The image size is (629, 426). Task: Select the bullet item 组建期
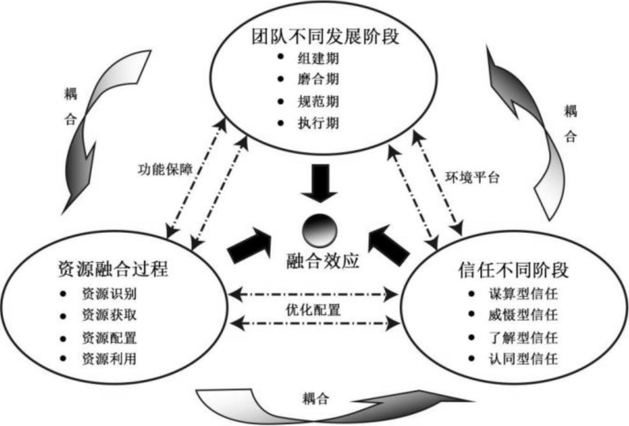point(318,58)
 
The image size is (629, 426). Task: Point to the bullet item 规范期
point(318,102)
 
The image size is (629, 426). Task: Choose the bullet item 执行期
point(318,123)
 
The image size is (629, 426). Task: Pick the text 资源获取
point(109,315)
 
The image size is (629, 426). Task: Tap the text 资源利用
point(109,359)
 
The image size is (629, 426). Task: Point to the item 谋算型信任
point(523,294)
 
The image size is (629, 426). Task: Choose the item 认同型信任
point(523,359)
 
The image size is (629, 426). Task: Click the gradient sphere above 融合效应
point(320,231)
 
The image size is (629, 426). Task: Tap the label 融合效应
point(323,261)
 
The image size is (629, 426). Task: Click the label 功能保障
point(165,170)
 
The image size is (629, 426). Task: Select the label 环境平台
point(472,178)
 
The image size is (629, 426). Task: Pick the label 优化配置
point(313,310)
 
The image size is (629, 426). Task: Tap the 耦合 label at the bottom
point(315,399)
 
